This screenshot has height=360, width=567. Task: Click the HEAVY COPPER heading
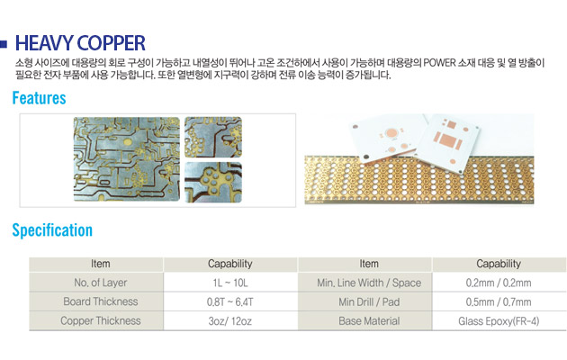80,43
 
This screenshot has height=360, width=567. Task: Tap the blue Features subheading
39,98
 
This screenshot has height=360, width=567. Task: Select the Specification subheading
52,230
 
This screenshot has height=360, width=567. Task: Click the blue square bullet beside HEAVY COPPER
4,44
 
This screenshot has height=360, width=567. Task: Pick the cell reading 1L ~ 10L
230,283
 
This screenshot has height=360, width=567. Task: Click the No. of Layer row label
101,283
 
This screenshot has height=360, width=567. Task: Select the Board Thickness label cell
101,301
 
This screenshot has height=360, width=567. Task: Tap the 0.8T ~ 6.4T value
230,301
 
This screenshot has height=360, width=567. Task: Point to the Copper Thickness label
101,321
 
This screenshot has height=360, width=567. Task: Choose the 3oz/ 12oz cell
230,321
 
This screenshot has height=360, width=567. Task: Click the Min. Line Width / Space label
369,283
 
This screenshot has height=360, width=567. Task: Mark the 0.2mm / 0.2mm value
499,283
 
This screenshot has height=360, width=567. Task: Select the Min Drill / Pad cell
369,301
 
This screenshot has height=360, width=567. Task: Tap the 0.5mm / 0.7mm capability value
499,301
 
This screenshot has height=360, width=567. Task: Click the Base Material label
369,321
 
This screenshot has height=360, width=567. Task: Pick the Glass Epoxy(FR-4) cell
499,321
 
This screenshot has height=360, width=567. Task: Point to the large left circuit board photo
127,159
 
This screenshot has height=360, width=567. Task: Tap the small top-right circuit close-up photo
213,137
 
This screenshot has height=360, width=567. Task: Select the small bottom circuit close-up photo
213,182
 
